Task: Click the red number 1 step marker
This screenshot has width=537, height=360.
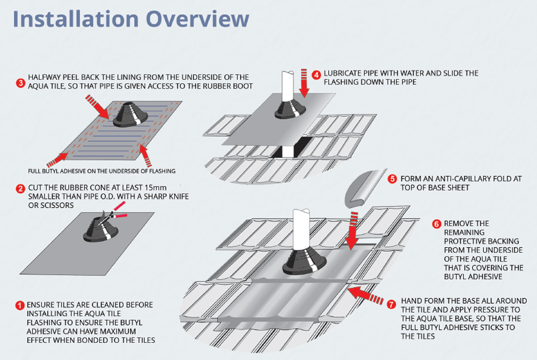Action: (19, 305)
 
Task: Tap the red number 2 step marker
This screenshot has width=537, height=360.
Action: (20, 189)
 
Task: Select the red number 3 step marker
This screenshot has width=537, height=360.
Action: (20, 83)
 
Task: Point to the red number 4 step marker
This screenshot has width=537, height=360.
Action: (316, 74)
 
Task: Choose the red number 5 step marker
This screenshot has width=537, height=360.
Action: (392, 179)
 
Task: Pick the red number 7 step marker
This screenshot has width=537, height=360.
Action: (391, 305)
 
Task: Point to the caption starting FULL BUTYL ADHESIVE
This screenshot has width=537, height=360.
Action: (102, 171)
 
